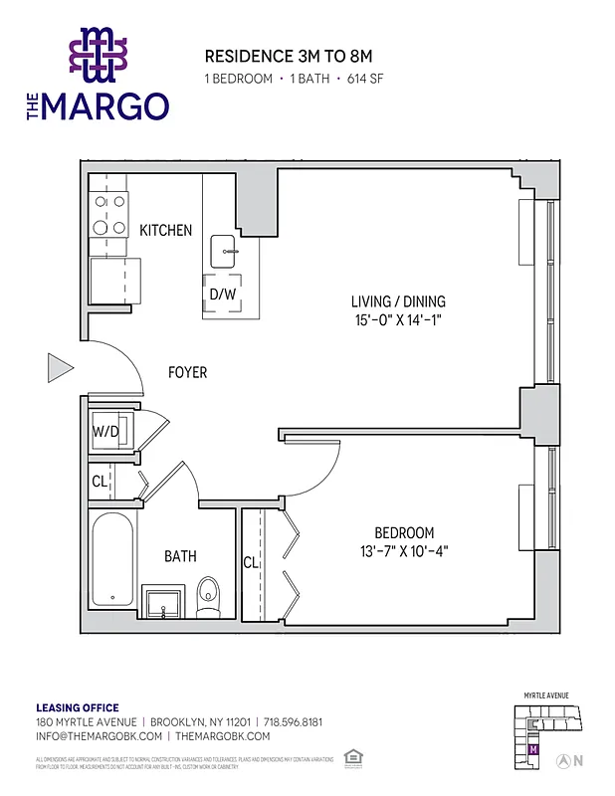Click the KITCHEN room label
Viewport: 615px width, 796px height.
(x=165, y=230)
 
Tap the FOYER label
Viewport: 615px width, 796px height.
(x=187, y=372)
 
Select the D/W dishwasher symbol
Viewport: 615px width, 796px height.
(x=222, y=294)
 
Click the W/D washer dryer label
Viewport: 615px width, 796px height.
(x=105, y=433)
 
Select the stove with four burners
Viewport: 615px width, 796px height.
(x=109, y=213)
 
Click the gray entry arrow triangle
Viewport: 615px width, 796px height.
(x=60, y=369)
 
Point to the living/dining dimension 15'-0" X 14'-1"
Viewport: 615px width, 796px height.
(x=398, y=320)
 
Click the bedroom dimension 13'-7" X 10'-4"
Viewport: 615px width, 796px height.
(x=404, y=552)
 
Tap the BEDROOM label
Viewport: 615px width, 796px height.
(x=404, y=533)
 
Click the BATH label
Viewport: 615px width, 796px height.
(x=180, y=556)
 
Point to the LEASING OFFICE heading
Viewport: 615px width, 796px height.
(x=77, y=707)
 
